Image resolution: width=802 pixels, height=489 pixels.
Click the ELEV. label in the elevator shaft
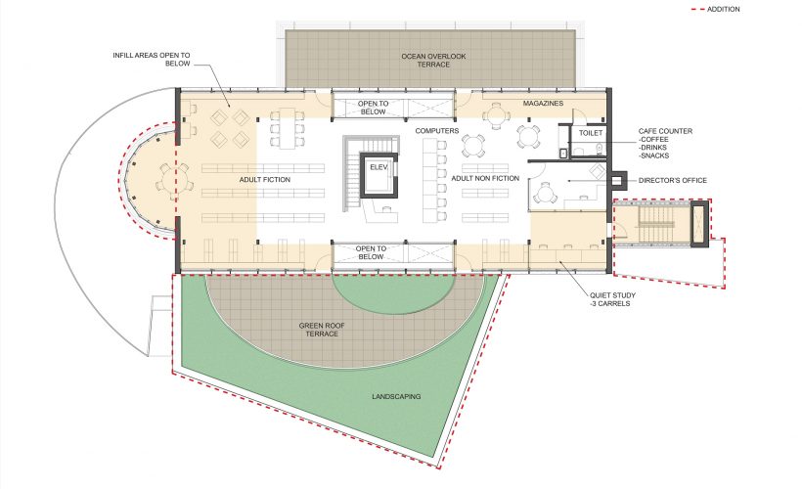click(x=379, y=167)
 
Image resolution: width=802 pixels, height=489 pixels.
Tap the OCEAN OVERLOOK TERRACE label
click(x=433, y=61)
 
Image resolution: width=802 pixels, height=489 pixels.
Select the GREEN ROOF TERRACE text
click(x=322, y=330)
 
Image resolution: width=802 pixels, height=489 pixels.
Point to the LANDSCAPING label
click(x=396, y=396)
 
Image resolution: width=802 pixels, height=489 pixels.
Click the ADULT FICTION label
click(x=264, y=180)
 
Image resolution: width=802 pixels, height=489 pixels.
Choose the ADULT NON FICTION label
click(x=485, y=178)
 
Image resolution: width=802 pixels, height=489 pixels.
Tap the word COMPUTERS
click(x=437, y=131)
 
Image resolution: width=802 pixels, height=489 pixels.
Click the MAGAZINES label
click(x=543, y=104)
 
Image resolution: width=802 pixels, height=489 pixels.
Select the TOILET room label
click(x=591, y=133)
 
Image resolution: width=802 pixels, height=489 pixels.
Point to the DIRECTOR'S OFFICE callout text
click(x=673, y=181)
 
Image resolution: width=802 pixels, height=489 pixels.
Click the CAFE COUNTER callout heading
click(x=665, y=131)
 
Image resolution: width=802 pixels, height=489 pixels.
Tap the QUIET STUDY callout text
click(x=612, y=299)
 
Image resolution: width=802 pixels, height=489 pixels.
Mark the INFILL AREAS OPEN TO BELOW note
click(x=152, y=60)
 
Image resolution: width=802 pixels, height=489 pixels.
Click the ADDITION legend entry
click(x=723, y=9)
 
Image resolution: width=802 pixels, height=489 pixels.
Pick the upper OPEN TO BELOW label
click(x=373, y=108)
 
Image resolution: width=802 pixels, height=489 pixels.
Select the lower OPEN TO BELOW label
click(x=371, y=252)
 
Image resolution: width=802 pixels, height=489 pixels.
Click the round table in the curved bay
click(x=168, y=176)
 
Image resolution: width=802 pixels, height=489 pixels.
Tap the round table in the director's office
click(x=545, y=194)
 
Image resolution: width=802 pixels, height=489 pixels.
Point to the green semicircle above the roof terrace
click(x=392, y=294)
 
